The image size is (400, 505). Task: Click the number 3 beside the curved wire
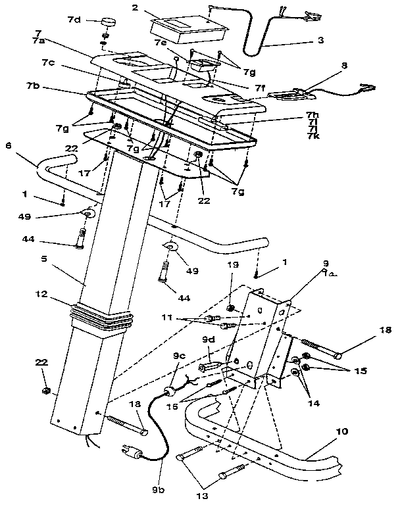[320, 40]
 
